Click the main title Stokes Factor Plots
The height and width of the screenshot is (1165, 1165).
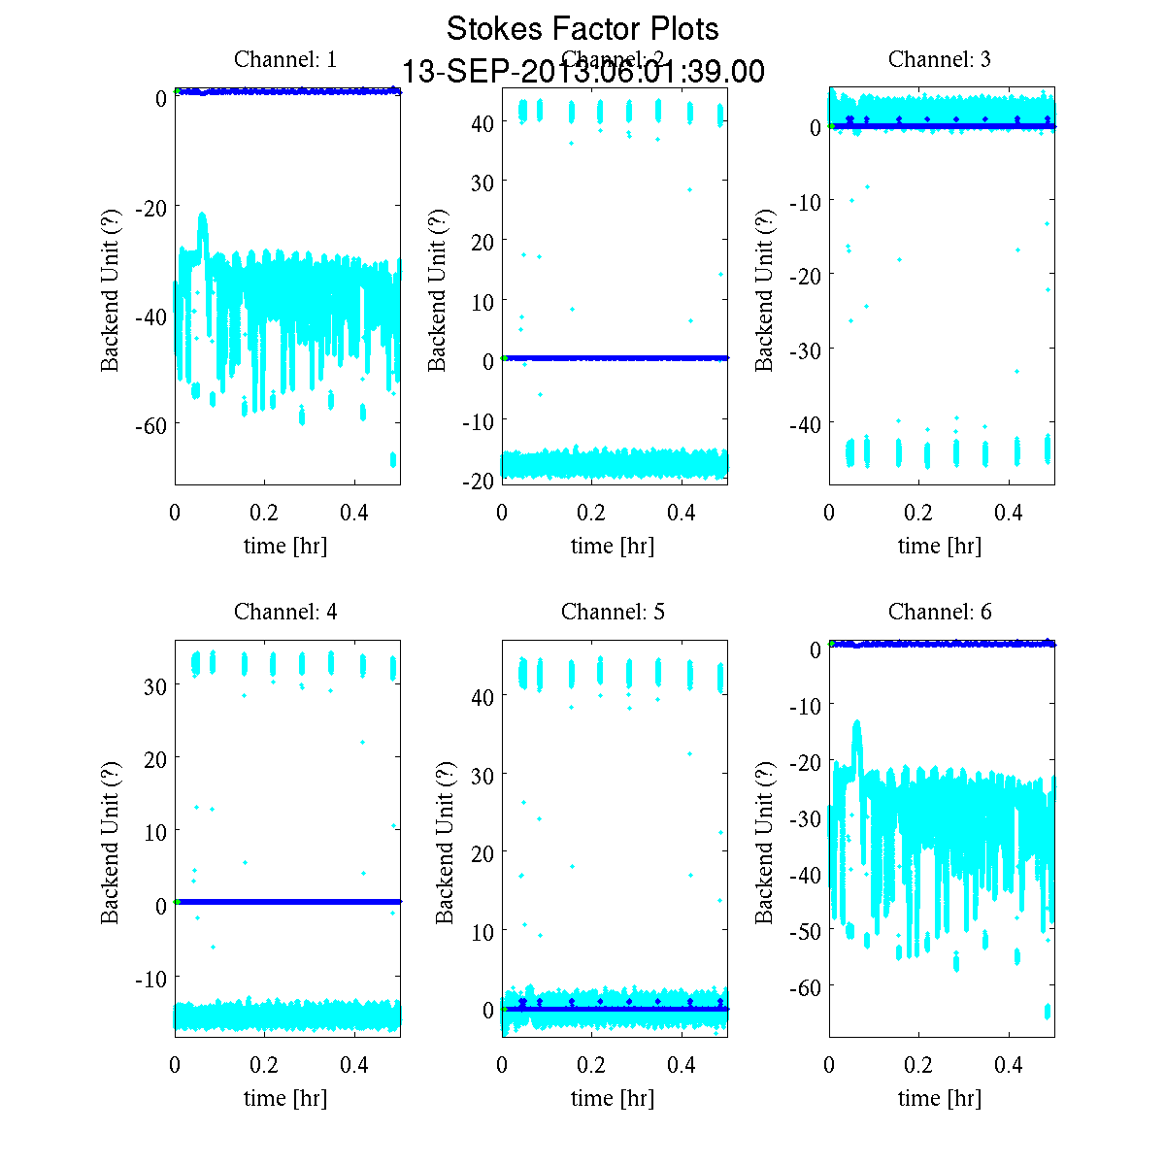tap(582, 29)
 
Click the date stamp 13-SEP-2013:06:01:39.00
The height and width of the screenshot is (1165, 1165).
tap(582, 72)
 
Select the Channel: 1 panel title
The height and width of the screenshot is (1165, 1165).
tap(285, 59)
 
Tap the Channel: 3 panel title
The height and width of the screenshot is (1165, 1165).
tap(940, 59)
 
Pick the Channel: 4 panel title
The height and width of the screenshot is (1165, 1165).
tap(285, 612)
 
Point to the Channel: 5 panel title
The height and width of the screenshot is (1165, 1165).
tap(613, 612)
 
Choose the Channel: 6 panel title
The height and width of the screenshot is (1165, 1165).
tap(940, 612)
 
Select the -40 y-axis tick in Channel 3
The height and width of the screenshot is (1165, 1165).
tap(804, 423)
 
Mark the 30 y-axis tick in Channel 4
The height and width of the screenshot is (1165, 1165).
tap(153, 684)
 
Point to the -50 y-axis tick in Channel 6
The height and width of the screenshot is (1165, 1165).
tap(804, 930)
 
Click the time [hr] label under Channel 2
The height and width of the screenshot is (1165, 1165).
tap(613, 546)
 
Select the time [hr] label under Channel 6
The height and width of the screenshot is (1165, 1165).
tap(940, 1098)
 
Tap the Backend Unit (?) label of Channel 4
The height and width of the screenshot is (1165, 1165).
tap(111, 841)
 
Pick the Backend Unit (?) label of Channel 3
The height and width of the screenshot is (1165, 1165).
tap(765, 289)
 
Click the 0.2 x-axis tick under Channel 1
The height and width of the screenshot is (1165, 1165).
tap(264, 513)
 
